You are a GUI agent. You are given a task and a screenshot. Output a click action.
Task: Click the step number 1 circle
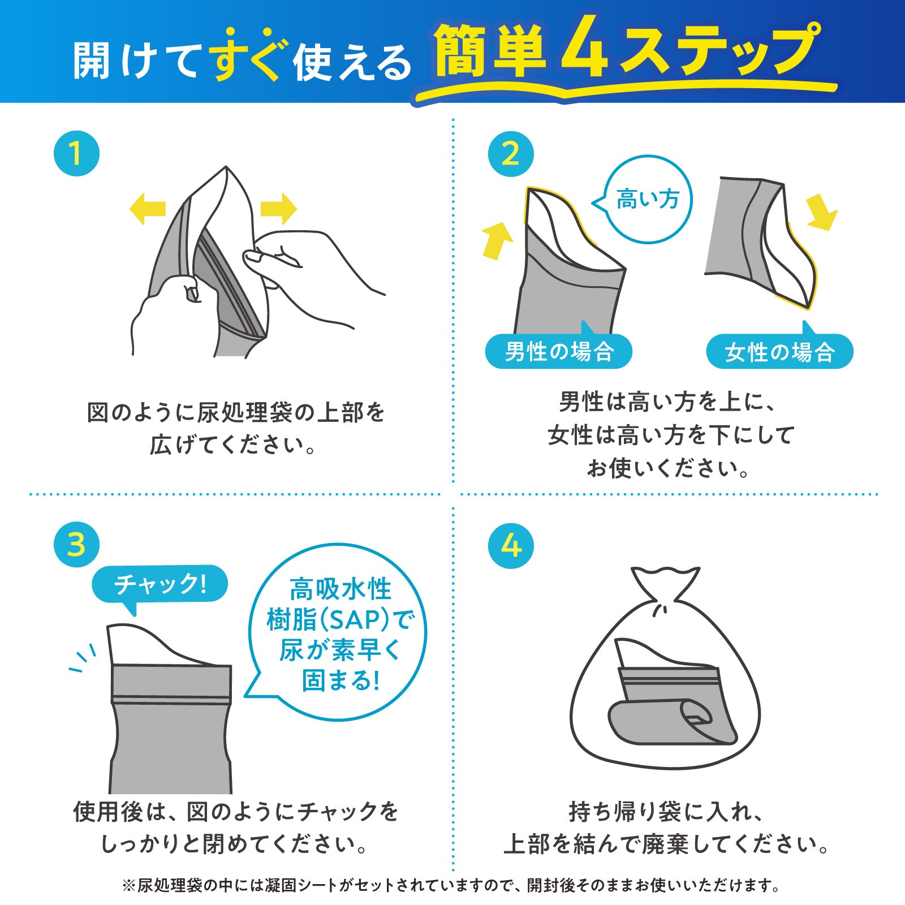pos(76,153)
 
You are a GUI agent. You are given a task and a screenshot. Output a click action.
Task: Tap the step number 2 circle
pos(511,154)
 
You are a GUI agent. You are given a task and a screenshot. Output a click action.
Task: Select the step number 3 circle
pos(76,545)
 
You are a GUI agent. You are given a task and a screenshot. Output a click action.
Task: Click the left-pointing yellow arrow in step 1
pos(147,208)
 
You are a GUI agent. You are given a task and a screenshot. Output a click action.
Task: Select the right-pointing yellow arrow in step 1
pos(278,209)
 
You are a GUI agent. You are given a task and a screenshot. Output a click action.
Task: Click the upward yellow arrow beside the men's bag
pos(497,240)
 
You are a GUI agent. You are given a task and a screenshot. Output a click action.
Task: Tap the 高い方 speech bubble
pos(648,200)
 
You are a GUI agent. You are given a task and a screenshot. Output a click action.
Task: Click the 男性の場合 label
pos(559,351)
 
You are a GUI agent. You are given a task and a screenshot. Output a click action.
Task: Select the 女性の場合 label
pos(779,352)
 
